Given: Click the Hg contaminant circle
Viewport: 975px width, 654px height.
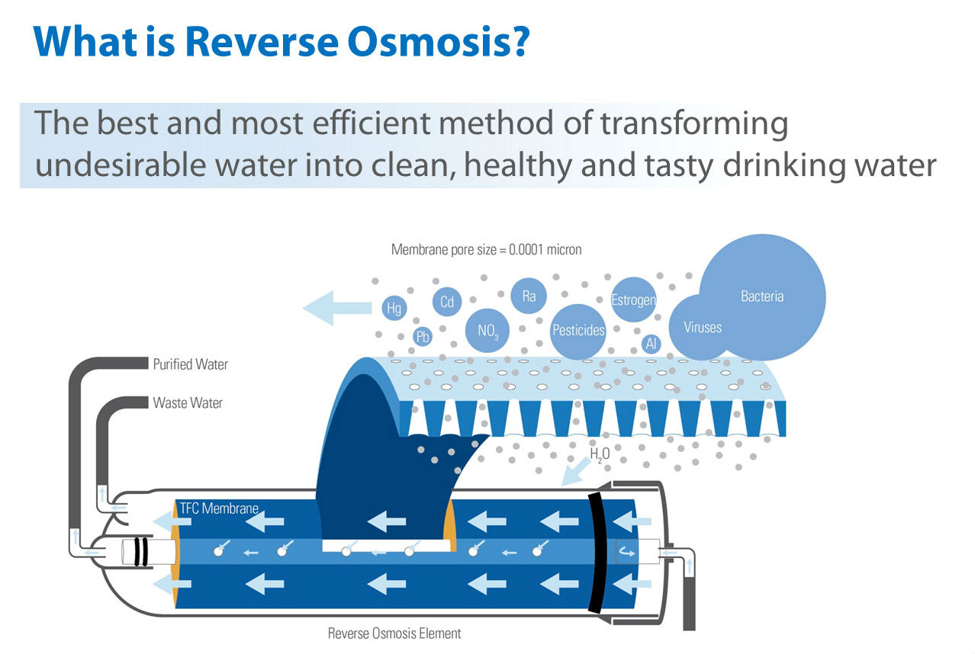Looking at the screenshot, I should pos(394,308).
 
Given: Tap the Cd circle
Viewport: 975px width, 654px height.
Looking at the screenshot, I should pos(447,302).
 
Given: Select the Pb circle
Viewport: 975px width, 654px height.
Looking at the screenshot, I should pos(423,336).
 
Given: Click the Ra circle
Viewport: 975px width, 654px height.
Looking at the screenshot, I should pos(529,297).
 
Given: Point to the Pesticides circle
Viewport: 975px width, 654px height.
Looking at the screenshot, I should pos(578,330).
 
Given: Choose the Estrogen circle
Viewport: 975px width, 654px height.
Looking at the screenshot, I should pos(633,300).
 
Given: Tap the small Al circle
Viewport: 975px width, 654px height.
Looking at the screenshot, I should pos(652,343).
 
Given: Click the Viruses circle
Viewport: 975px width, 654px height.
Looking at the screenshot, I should pos(702,327).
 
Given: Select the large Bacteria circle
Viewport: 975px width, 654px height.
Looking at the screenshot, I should pos(762,297).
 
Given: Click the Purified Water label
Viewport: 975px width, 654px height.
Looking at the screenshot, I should pos(190,364).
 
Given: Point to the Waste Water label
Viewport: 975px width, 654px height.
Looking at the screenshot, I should pos(188,402).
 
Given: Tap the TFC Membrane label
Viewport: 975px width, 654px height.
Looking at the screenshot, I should pos(219,508).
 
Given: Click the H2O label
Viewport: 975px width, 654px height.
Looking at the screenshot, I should pos(600,454).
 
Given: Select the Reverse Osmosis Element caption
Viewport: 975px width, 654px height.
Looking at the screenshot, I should pos(394,633).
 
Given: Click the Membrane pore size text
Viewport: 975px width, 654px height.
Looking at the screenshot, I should pos(486,249).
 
